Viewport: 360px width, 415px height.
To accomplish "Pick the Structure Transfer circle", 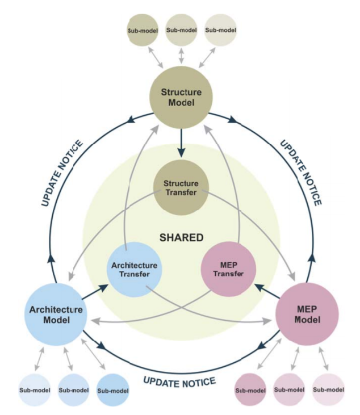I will click(x=181, y=188).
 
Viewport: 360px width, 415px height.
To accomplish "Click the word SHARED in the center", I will click(x=181, y=237).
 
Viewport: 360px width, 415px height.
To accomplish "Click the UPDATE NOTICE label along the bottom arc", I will click(x=179, y=381).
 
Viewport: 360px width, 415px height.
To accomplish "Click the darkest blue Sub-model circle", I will click(x=112, y=390).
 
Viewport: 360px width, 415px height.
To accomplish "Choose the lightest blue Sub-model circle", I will click(x=34, y=390).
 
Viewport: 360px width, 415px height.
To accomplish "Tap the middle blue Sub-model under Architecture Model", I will click(x=74, y=390).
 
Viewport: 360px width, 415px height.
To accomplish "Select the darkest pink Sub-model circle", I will click(x=250, y=390).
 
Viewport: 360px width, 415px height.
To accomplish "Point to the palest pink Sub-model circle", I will click(x=329, y=390).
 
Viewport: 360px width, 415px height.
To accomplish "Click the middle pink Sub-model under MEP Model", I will click(x=290, y=390).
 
